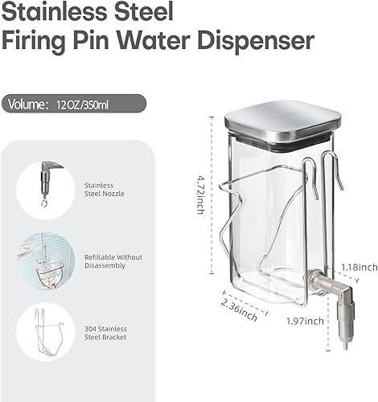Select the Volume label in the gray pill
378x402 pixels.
coord(29,104)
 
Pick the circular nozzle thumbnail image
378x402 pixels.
coord(45,190)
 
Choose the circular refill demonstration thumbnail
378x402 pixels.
coord(45,260)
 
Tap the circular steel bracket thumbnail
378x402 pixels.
coord(45,331)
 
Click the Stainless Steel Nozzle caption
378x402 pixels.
coord(101,190)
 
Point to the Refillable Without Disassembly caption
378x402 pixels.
coord(113,260)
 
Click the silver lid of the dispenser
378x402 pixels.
coord(281,120)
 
